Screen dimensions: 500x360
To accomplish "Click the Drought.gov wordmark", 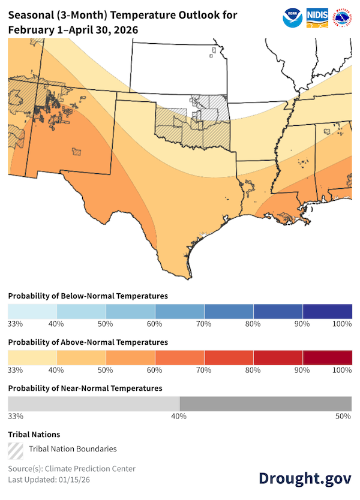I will tap(305, 478).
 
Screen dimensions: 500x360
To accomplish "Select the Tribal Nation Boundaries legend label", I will tap(73, 449).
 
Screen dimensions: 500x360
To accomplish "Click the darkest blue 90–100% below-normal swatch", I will tap(327, 312).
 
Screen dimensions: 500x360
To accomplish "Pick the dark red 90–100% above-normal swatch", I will tap(327, 357).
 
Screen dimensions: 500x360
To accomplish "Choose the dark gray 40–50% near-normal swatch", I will tap(265, 403).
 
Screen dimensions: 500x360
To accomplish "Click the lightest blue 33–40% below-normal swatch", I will tap(32, 312).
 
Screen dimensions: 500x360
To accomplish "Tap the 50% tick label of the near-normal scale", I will tap(343, 416).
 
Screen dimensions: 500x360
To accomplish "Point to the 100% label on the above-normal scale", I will tap(341, 370).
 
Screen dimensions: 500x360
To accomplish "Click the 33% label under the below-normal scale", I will tap(16, 324).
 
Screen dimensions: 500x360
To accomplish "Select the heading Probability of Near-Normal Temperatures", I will tap(85, 388).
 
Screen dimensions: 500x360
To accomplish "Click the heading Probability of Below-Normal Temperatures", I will tap(88, 296).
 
